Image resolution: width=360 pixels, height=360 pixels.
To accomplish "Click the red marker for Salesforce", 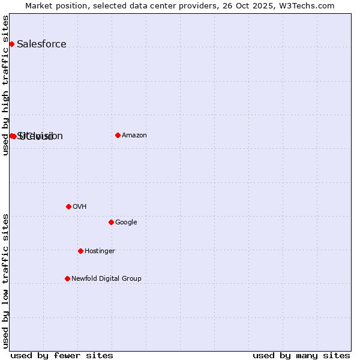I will click(11, 44).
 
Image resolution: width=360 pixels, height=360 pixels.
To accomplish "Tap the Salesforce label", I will click(41, 44).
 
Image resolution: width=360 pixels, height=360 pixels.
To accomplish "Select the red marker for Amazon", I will click(118, 135).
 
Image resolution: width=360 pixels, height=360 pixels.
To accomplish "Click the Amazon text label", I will click(134, 136).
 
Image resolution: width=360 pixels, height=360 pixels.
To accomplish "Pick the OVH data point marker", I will click(68, 206).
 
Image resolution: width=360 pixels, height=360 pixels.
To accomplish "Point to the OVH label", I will click(80, 207).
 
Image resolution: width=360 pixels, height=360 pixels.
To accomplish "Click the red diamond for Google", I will click(111, 222).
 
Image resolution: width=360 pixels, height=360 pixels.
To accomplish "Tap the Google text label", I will click(126, 223).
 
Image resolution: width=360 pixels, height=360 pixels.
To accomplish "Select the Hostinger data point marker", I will click(80, 251).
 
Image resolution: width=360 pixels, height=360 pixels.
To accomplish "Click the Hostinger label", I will click(100, 251).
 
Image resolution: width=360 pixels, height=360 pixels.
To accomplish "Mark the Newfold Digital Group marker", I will click(67, 278).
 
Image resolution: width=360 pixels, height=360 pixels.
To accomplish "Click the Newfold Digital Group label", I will click(106, 279).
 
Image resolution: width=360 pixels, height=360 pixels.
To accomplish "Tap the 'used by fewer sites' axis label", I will click(62, 356).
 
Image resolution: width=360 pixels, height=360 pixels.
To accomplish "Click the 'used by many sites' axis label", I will click(301, 356).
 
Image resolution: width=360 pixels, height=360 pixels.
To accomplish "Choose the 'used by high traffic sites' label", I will click(6, 85).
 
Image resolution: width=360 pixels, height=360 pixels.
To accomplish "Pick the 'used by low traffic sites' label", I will click(6, 281).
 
